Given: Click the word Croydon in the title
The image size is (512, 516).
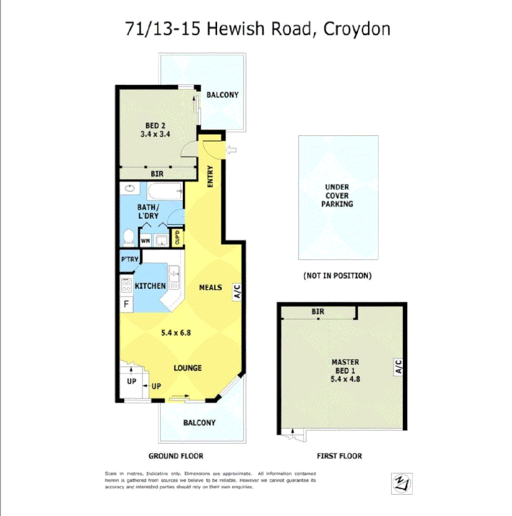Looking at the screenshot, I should point(356,28).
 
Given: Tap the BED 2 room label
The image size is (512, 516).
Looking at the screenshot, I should point(152,126).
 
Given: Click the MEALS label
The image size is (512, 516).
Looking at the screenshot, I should point(211,288).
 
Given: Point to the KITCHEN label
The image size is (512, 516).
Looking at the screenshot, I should point(150,286).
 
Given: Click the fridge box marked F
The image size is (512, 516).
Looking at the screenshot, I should point(126,304).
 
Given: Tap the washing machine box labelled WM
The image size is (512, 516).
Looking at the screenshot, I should point(145,240).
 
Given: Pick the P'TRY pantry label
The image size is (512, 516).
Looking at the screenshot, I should point(130,260).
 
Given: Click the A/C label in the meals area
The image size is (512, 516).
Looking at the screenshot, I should point(237,292).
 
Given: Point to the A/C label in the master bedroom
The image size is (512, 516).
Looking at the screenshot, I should point(398,367).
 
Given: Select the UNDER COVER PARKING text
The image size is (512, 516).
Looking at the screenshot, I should point(338,196).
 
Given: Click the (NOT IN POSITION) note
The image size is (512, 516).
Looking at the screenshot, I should point(338,276).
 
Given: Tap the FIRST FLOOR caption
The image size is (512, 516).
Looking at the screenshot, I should point(339,456).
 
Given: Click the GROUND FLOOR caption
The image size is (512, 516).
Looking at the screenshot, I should point(176,456).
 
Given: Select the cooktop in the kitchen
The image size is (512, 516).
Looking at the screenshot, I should point(126,286).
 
